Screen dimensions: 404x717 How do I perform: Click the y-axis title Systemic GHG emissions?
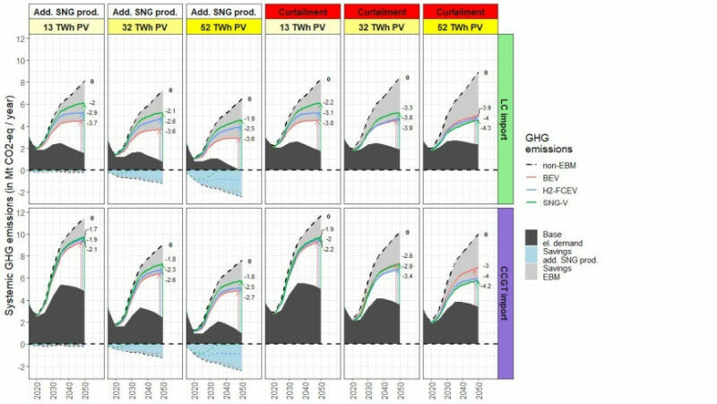tap(8, 202)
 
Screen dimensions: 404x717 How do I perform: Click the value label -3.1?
tap(328, 113)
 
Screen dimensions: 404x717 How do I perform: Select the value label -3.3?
tap(407, 107)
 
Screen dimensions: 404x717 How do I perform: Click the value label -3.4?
tap(407, 276)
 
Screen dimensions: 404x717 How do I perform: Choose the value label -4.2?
tap(487, 285)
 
